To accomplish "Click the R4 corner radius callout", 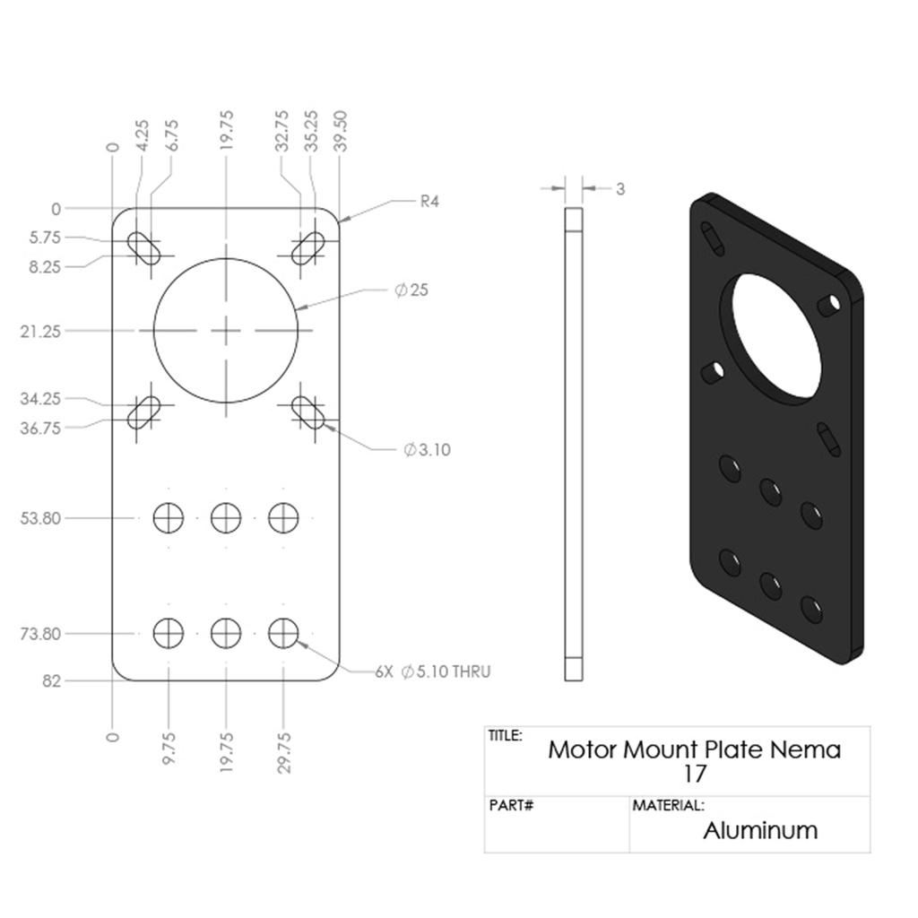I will click(429, 202).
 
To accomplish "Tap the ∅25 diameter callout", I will click(411, 290).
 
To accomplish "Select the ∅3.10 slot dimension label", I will click(427, 450).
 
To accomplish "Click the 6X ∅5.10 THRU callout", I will click(433, 671).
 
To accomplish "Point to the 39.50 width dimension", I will click(340, 132).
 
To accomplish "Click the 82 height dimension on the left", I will click(51, 681).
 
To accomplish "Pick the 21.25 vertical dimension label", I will click(40, 332).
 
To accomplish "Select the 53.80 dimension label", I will click(40, 518).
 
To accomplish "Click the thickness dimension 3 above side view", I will click(620, 189).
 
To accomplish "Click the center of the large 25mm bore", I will click(226, 331).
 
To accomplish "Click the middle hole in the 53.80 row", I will click(226, 517).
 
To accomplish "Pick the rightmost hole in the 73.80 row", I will click(283, 633).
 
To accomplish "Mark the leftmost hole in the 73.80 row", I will click(168, 633).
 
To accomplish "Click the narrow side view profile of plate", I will click(574, 444).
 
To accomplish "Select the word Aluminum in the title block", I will click(760, 830).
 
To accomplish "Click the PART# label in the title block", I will click(512, 806).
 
